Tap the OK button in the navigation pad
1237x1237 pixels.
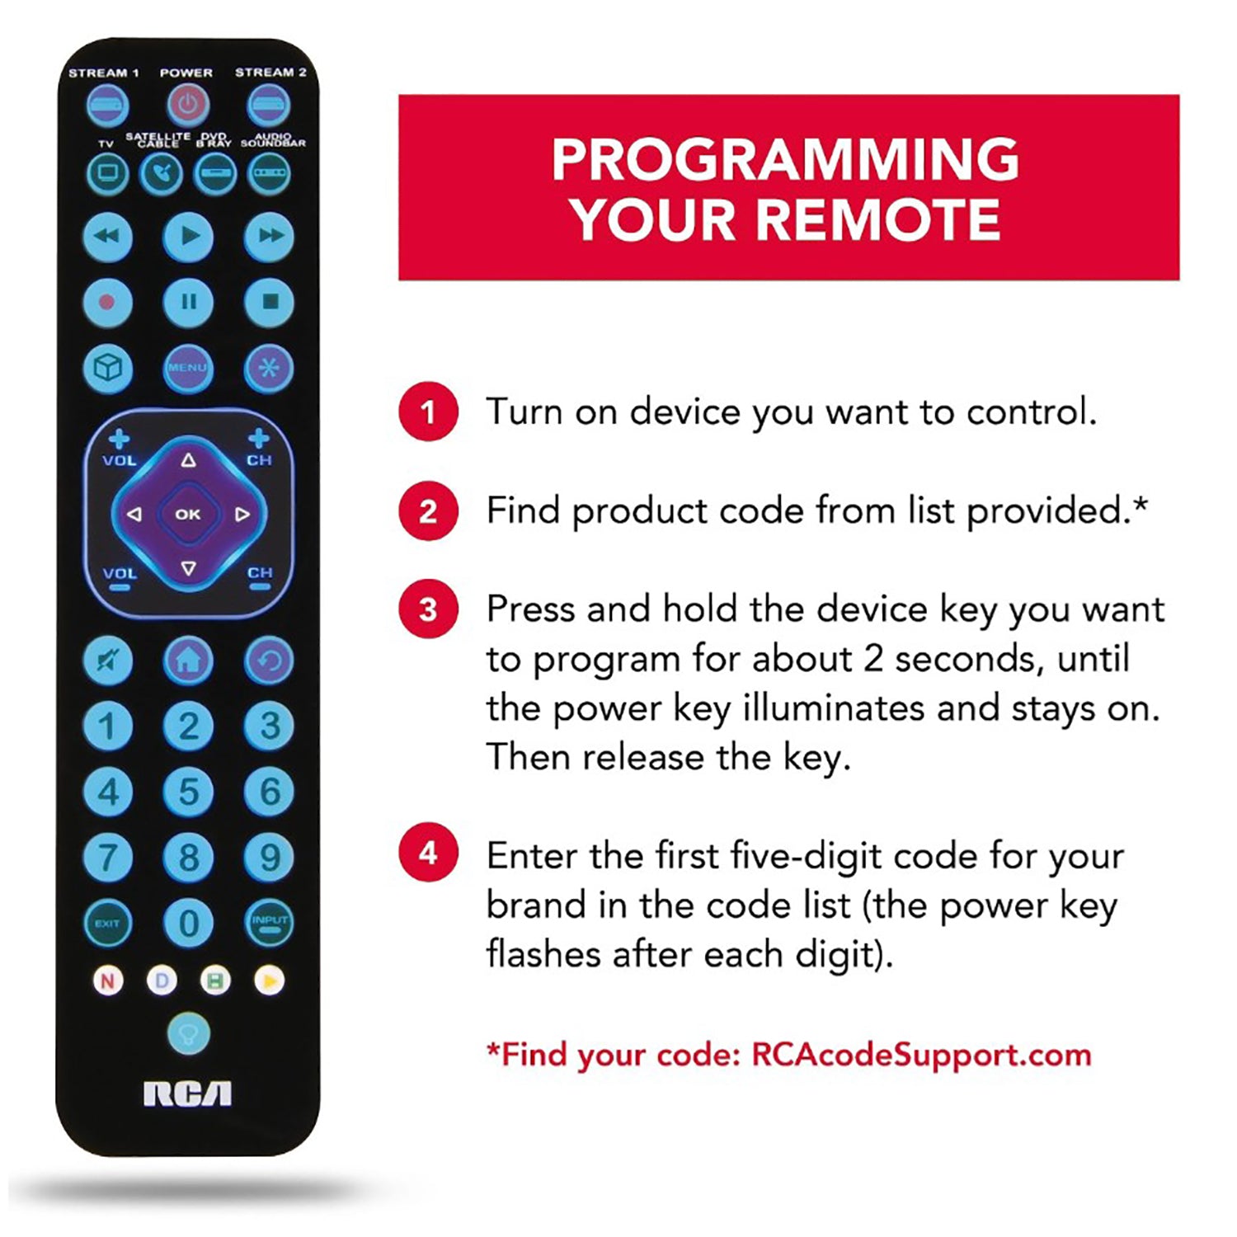click(188, 514)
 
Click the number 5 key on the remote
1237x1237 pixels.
click(189, 792)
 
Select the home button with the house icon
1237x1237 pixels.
click(189, 660)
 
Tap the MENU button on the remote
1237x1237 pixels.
click(188, 367)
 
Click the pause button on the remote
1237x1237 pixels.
click(189, 302)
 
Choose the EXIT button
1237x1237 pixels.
click(107, 923)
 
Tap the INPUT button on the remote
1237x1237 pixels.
click(270, 923)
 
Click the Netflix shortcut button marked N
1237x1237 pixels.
click(107, 981)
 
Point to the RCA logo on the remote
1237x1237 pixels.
click(188, 1094)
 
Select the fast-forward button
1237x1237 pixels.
click(270, 236)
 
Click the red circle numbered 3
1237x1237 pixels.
click(428, 609)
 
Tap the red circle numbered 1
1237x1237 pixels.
click(428, 412)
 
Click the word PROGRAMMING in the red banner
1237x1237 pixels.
click(786, 159)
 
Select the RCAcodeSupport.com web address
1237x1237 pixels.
click(921, 1055)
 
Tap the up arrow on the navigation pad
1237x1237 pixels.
click(189, 460)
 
